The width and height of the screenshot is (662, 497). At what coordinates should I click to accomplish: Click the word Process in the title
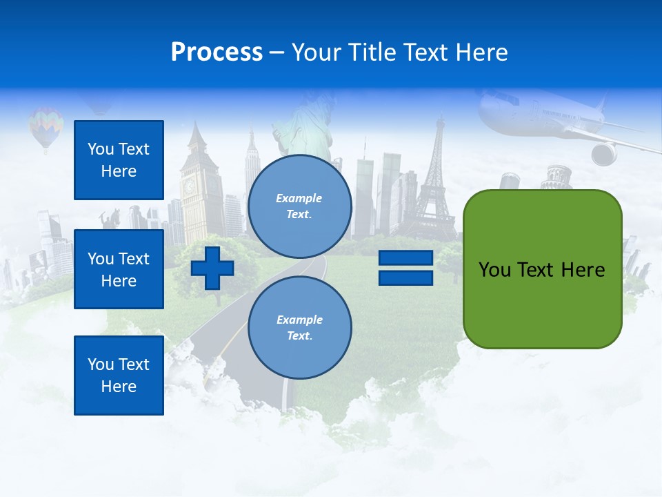coord(217,52)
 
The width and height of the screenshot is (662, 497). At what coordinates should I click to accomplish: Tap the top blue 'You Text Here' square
coord(119,160)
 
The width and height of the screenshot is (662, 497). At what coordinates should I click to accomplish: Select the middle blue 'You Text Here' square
coord(119,269)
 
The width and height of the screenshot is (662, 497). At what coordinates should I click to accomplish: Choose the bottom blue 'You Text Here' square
coord(119,376)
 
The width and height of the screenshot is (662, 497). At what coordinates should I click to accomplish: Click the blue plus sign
coord(212,268)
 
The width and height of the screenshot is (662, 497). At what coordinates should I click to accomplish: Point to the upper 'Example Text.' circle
coord(300,206)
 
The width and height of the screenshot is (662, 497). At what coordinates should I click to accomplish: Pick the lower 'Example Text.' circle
coord(300,328)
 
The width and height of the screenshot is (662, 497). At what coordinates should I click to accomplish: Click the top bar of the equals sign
coord(405,258)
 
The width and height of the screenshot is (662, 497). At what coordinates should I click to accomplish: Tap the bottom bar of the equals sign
coord(405,277)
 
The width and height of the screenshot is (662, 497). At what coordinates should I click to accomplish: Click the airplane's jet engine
coord(604,154)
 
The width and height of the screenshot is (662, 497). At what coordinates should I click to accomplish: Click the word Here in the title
coord(481,52)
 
